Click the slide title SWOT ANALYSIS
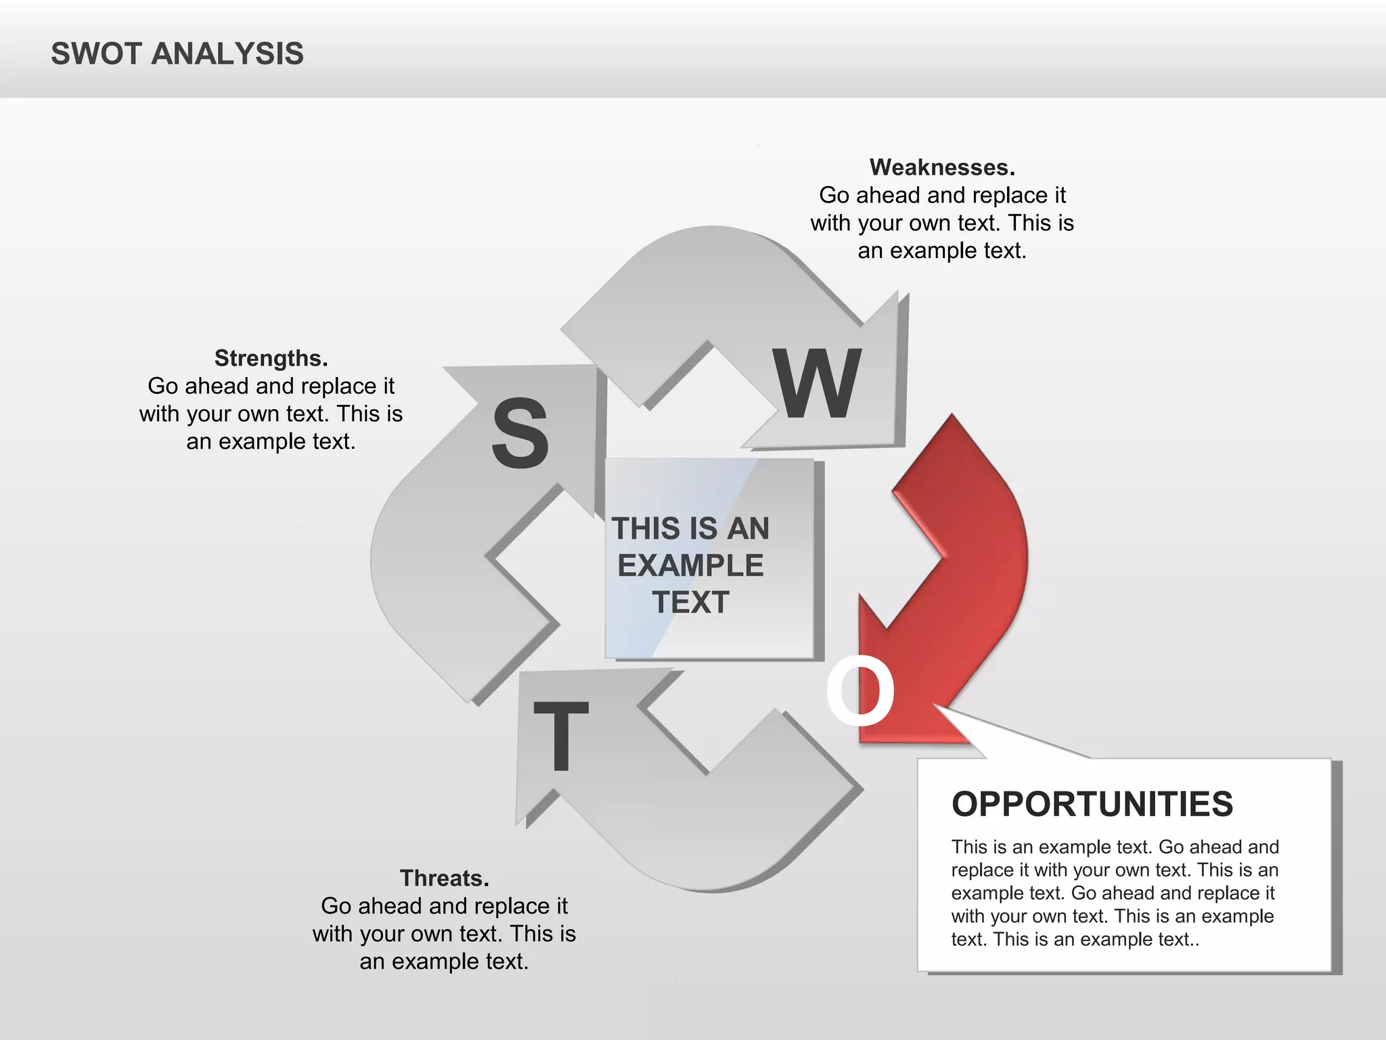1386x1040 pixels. tap(177, 54)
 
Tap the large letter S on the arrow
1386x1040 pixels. tap(520, 434)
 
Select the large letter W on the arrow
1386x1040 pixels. tap(818, 384)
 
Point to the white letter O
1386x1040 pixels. tap(860, 691)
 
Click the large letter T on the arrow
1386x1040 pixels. tap(560, 736)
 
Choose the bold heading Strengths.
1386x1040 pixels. tap(271, 358)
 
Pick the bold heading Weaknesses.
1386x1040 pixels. tap(942, 167)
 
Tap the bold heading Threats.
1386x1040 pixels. tap(444, 878)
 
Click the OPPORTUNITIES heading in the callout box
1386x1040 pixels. tap(1092, 804)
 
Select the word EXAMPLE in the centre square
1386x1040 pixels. tap(690, 565)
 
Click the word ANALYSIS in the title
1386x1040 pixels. tap(227, 54)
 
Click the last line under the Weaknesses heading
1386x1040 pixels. tap(942, 251)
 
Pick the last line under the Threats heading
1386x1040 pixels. tap(444, 961)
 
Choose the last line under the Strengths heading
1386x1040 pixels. tap(271, 441)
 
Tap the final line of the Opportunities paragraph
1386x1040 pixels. tap(1075, 940)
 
